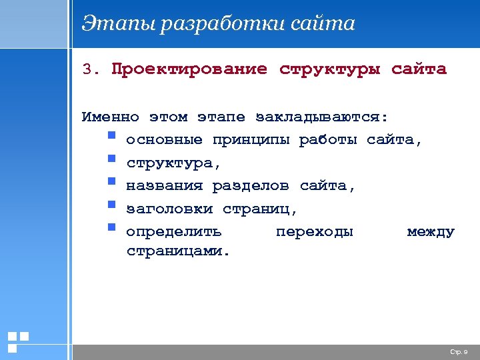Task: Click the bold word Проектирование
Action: tap(189, 69)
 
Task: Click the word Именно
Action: tap(110, 117)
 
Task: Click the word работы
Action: tap(329, 141)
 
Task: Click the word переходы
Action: tap(314, 232)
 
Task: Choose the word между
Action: tap(431, 232)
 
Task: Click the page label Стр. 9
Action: tap(459, 351)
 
